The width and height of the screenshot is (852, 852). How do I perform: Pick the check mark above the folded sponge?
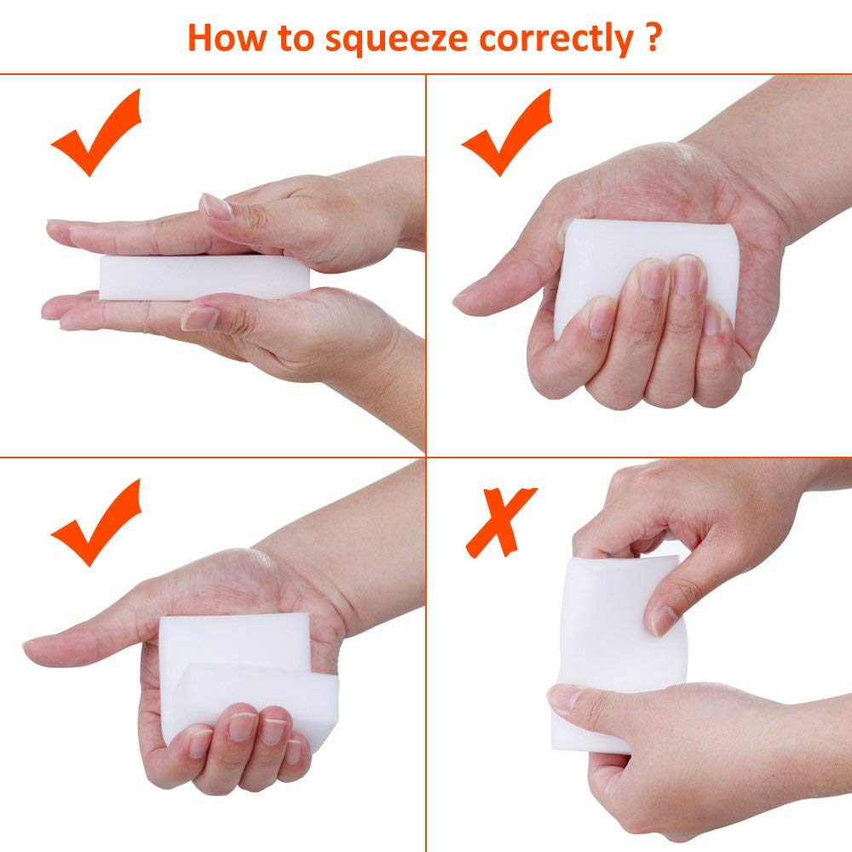pos(95,522)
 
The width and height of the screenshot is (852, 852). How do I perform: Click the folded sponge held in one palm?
pos(247,673)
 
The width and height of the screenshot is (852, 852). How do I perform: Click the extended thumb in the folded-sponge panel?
pos(68,650)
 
